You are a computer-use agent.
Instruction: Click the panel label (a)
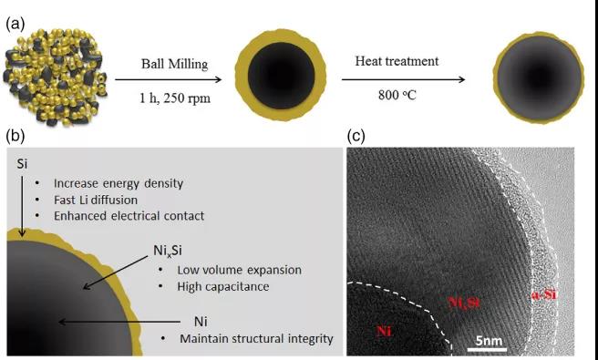point(15,25)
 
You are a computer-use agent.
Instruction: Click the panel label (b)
point(15,136)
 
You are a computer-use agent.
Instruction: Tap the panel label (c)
point(356,136)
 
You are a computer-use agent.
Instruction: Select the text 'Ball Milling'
point(175,64)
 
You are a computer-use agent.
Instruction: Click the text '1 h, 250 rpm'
point(175,98)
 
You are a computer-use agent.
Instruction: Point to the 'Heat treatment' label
point(397,61)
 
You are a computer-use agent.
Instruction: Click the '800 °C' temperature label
point(397,95)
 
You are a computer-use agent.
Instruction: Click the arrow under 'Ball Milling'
point(168,79)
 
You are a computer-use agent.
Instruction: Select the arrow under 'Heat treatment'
point(404,79)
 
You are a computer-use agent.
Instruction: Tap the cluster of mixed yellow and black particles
point(56,77)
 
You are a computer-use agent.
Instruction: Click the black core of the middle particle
point(282,76)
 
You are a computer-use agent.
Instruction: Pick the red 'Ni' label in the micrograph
point(383,331)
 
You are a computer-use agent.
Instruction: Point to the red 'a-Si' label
point(544,295)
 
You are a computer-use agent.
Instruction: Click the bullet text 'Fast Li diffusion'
point(96,200)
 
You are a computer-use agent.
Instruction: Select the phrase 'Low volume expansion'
point(239,270)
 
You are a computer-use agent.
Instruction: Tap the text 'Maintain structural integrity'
point(256,339)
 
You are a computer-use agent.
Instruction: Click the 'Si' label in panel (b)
point(22,164)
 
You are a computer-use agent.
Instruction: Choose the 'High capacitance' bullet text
point(223,286)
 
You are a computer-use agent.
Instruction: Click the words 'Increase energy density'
point(119,183)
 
